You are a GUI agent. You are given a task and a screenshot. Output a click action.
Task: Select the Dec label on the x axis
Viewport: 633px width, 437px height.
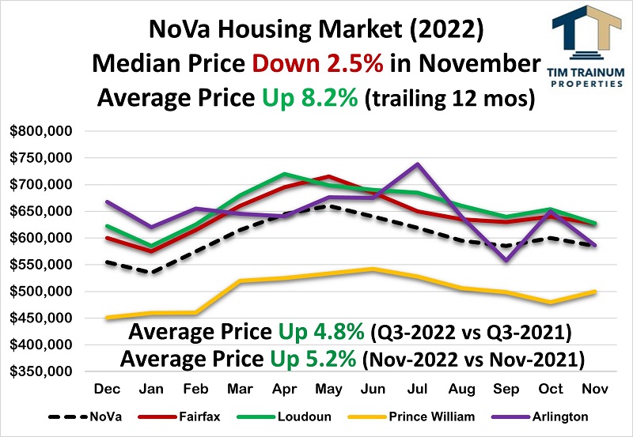[x=106, y=390]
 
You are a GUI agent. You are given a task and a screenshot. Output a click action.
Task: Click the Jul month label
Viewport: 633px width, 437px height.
[x=417, y=390]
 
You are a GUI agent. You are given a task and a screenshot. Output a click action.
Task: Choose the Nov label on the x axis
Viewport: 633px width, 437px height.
[x=594, y=390]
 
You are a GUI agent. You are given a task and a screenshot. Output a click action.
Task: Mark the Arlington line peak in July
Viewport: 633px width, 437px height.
[x=417, y=164]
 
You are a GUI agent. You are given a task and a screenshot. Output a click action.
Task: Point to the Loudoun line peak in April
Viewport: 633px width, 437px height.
[x=284, y=174]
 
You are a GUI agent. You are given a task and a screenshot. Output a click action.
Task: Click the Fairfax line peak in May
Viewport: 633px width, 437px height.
[x=328, y=176]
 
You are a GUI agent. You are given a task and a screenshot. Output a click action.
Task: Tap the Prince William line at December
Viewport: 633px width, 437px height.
[x=107, y=318]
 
